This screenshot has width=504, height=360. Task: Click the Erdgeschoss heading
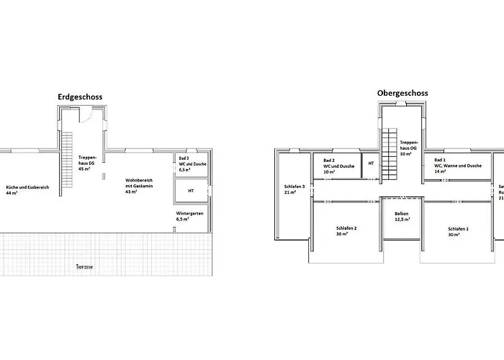[85, 96]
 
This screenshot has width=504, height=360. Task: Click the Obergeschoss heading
[402, 93]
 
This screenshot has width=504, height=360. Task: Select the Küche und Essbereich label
[27, 190]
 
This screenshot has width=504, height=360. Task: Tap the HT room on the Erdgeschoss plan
[191, 191]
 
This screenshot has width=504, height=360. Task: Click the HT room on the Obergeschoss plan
[371, 163]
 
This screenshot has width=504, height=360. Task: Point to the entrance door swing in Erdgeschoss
[87, 115]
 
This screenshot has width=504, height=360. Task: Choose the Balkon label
[402, 216]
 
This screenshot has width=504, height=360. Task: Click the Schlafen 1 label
[458, 231]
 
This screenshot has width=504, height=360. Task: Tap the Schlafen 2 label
[346, 231]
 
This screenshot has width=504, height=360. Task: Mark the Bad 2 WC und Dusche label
[338, 166]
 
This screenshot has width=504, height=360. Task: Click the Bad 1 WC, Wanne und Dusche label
[456, 166]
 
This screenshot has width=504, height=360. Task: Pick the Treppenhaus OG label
[409, 148]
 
